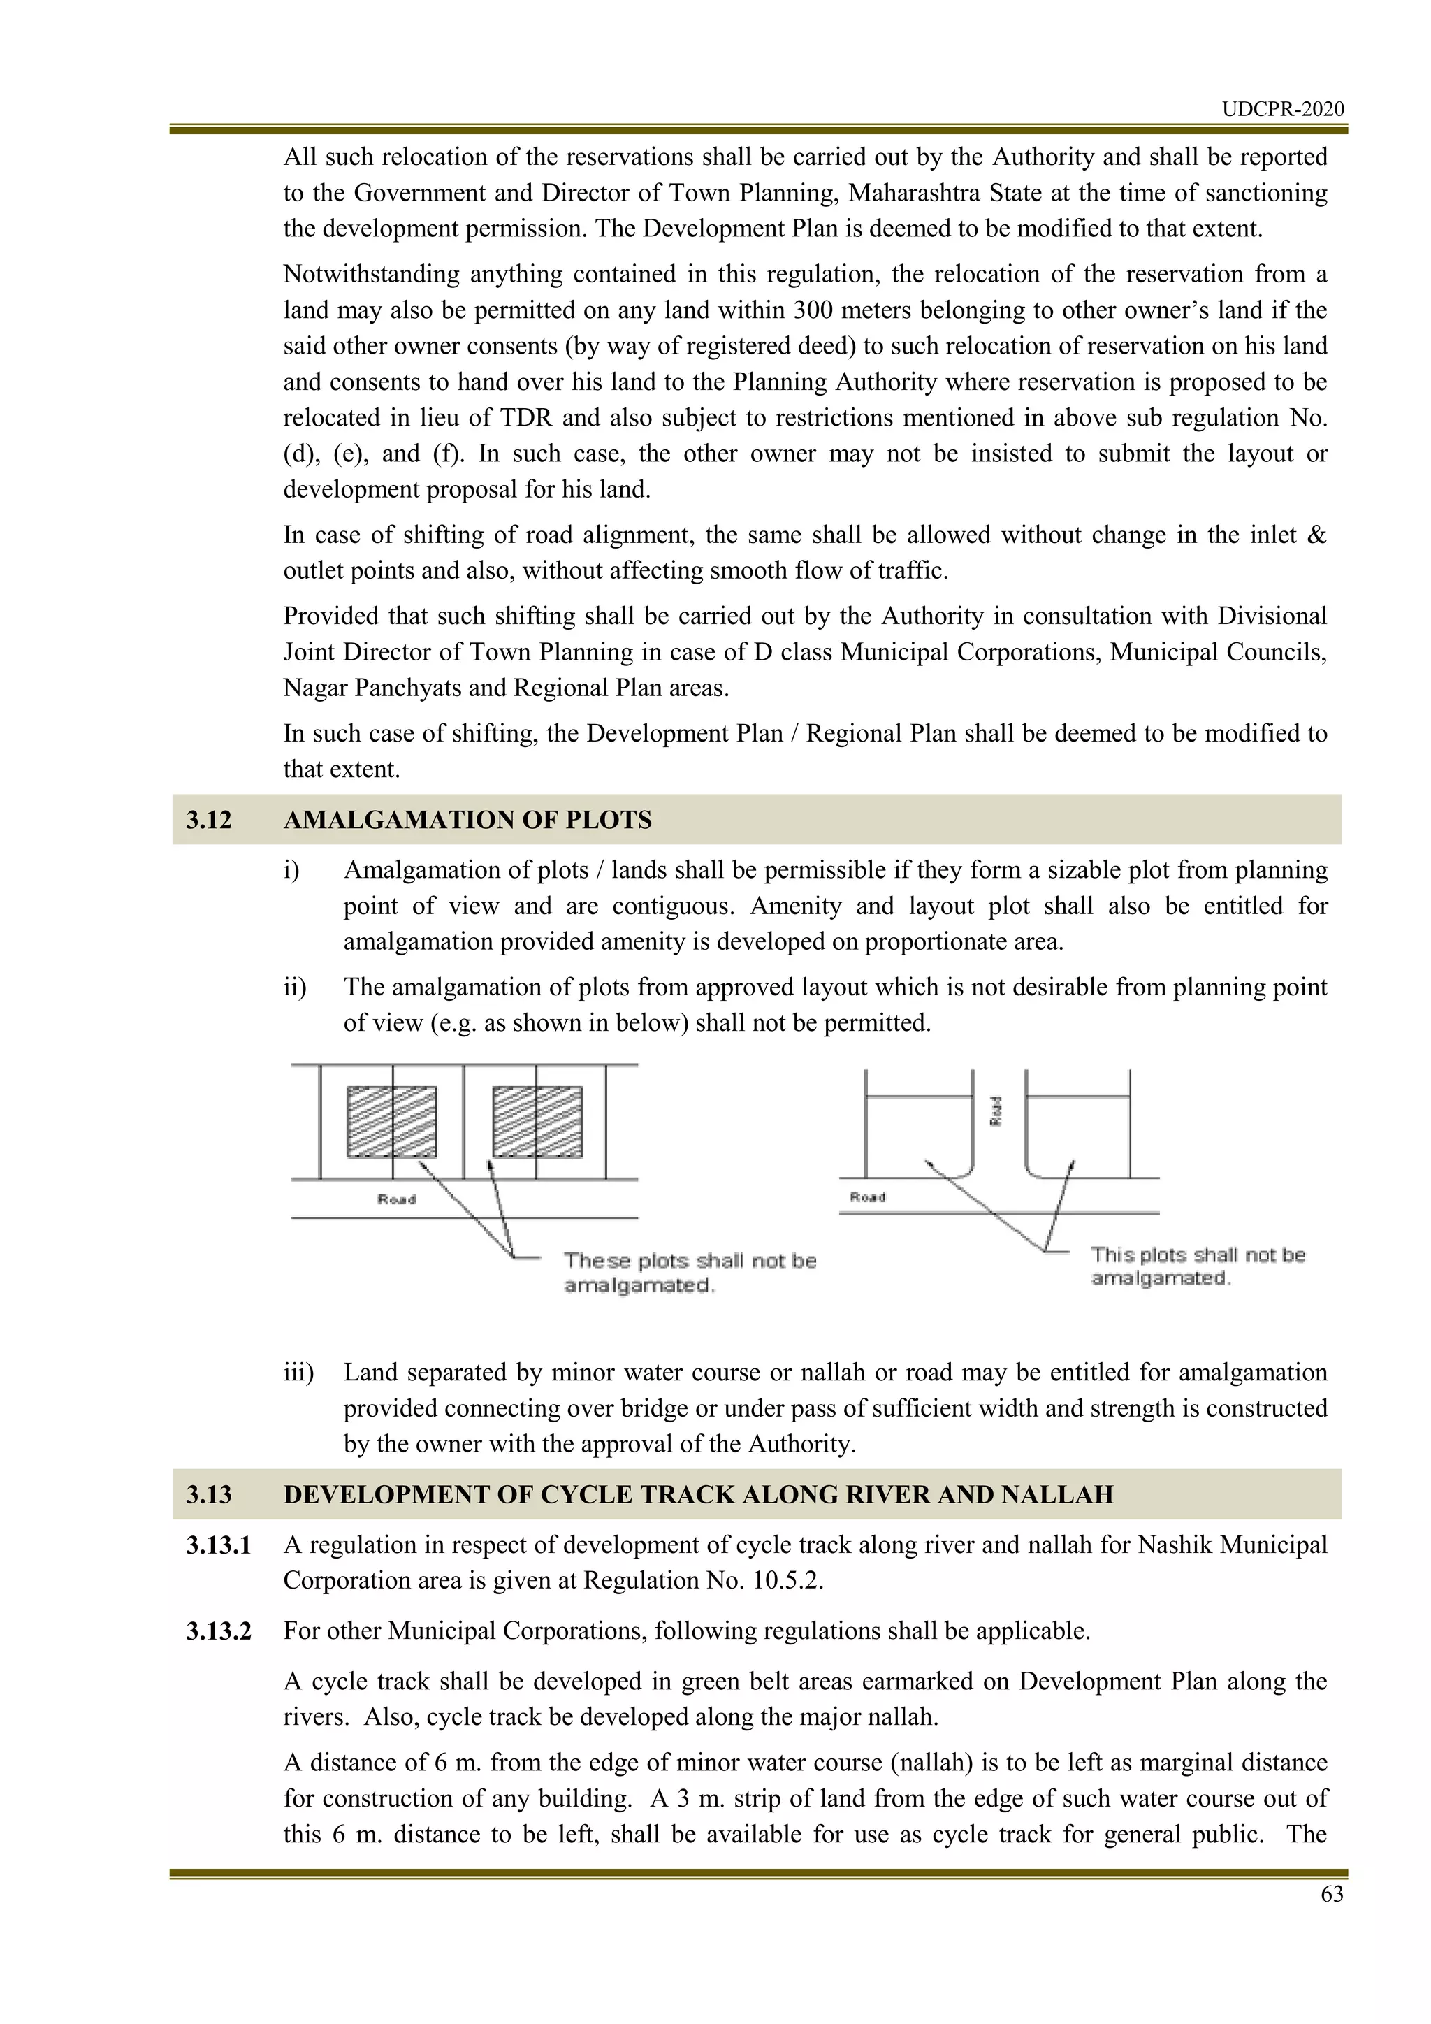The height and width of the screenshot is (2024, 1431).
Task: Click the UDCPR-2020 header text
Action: pos(1282,109)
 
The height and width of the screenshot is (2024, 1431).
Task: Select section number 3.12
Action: pos(209,820)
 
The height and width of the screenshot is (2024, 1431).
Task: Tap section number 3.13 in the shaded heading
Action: pos(209,1494)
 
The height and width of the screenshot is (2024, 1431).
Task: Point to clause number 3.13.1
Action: pos(219,1545)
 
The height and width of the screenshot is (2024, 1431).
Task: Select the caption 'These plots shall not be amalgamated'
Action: pos(689,1273)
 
